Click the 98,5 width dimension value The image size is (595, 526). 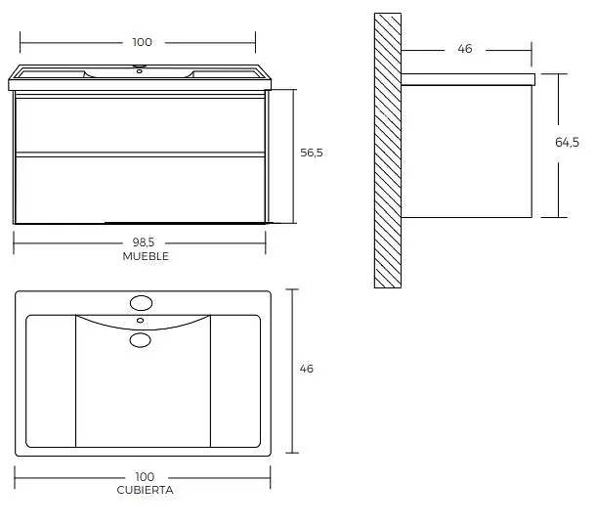[x=144, y=241]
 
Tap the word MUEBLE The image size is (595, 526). [x=146, y=256]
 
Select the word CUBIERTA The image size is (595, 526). [x=145, y=490]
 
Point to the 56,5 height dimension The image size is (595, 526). [x=312, y=153]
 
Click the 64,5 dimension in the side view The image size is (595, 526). [x=567, y=142]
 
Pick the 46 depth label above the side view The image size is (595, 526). [x=465, y=49]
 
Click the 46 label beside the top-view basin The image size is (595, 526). [x=306, y=369]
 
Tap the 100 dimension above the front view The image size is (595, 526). [x=143, y=42]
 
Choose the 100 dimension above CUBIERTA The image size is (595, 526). [x=145, y=477]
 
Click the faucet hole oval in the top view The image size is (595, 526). [x=141, y=303]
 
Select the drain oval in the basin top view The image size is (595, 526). [x=140, y=340]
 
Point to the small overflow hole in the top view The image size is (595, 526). [x=140, y=321]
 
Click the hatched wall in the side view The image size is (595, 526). [x=388, y=151]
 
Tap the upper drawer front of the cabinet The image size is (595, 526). [x=140, y=125]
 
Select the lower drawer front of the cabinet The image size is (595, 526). [x=140, y=190]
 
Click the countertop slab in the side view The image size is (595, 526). [x=468, y=79]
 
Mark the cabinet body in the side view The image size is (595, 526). [x=466, y=152]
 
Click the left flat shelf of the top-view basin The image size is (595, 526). [x=51, y=381]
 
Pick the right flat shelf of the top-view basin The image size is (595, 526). [x=235, y=381]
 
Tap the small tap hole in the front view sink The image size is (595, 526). [x=140, y=71]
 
